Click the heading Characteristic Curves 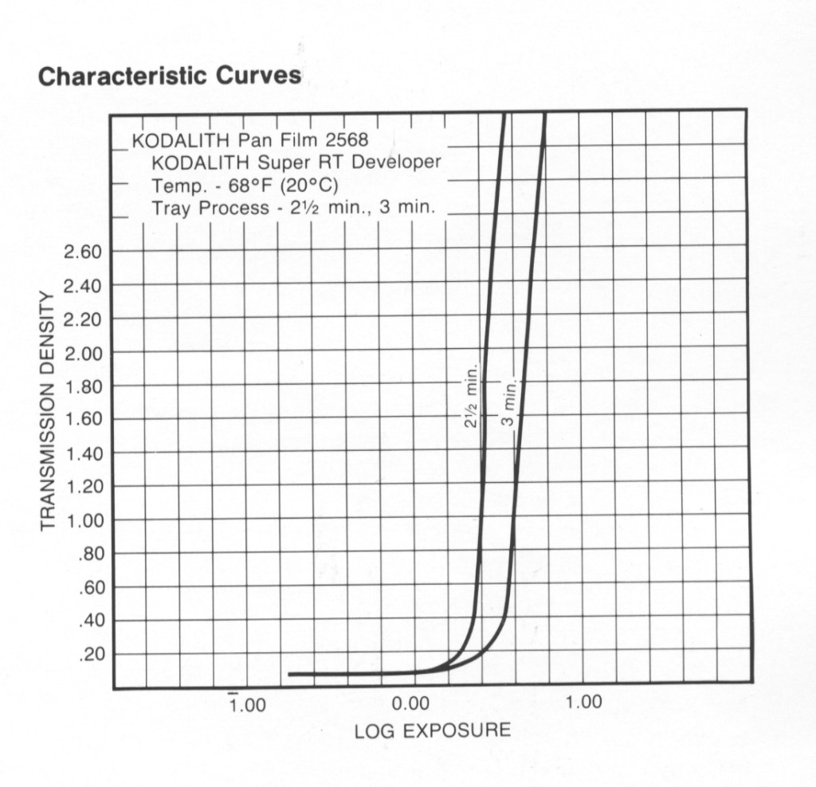pos(170,76)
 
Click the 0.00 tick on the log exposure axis pos(411,703)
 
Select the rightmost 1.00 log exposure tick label pos(583,702)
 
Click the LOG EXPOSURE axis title pos(432,730)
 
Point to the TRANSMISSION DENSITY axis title pos(47,410)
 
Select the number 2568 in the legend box pos(347,141)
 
